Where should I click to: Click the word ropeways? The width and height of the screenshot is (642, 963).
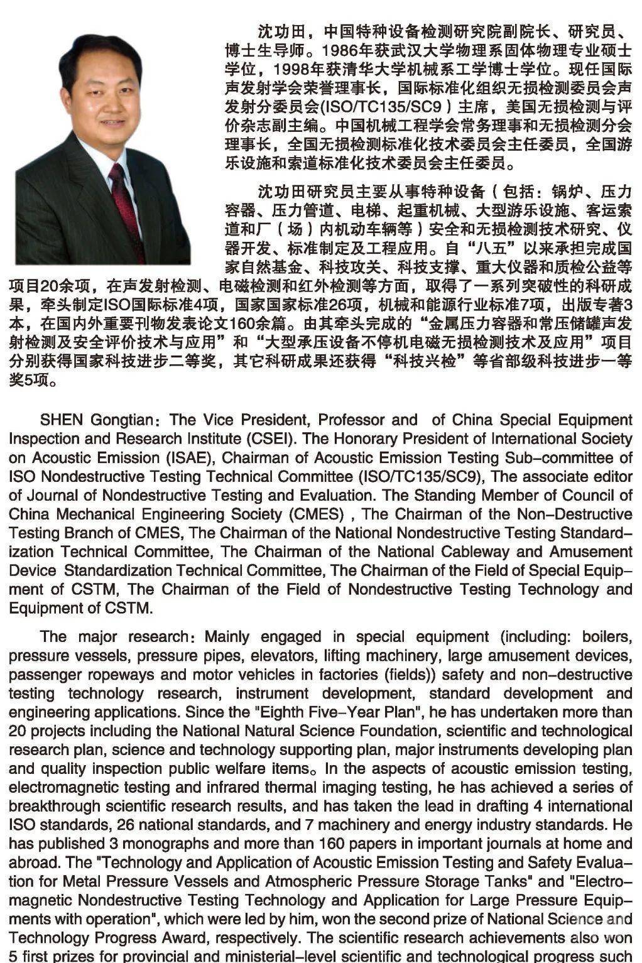click(121, 674)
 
